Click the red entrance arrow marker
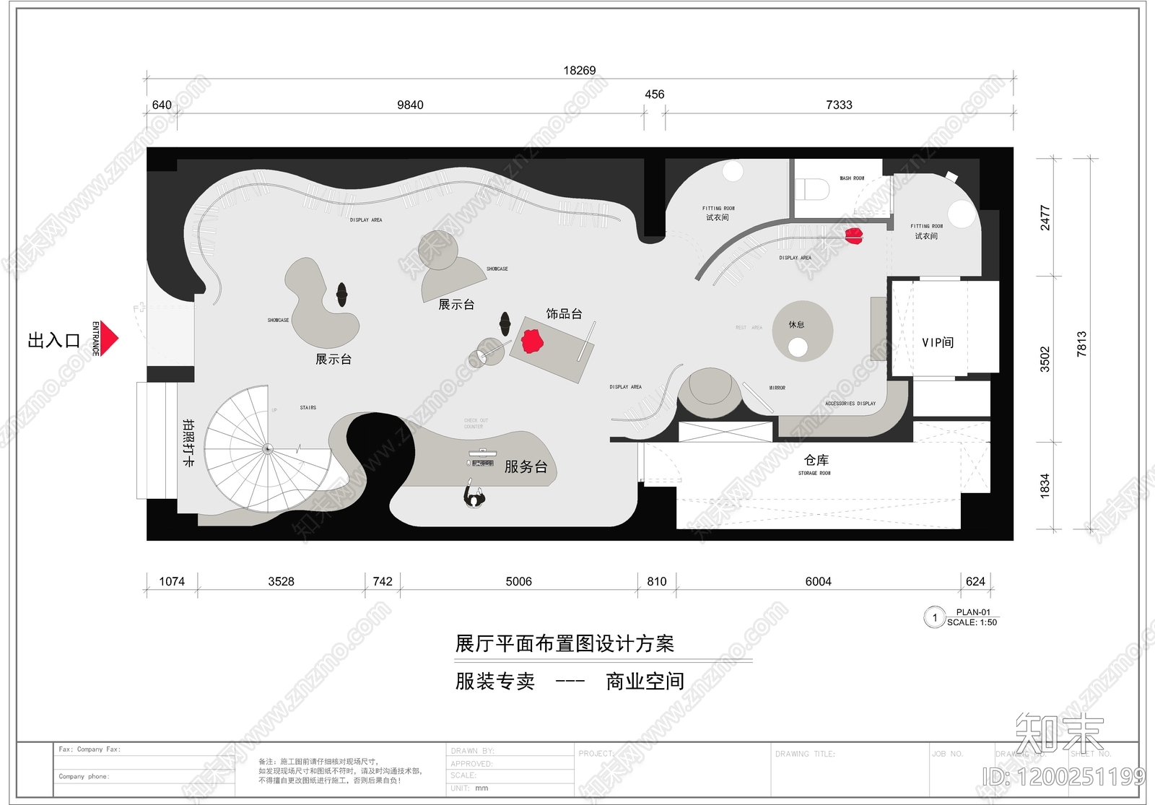(x=108, y=339)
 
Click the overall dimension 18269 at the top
(x=579, y=71)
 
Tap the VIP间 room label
(x=938, y=342)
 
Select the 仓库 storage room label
(x=816, y=461)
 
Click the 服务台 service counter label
(x=526, y=467)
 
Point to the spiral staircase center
(x=268, y=449)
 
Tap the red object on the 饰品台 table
(x=533, y=341)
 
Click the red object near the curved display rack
(x=854, y=236)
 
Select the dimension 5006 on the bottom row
(x=518, y=582)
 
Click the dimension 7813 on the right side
(x=1081, y=344)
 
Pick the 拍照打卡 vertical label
(x=188, y=442)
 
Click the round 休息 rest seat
(x=802, y=331)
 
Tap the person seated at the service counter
(x=474, y=497)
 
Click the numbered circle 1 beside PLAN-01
(x=935, y=617)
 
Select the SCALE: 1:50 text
(x=972, y=622)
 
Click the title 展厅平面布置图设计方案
(x=565, y=644)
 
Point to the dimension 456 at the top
(x=654, y=95)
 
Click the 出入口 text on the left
(x=53, y=341)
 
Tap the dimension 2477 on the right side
(x=1045, y=217)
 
